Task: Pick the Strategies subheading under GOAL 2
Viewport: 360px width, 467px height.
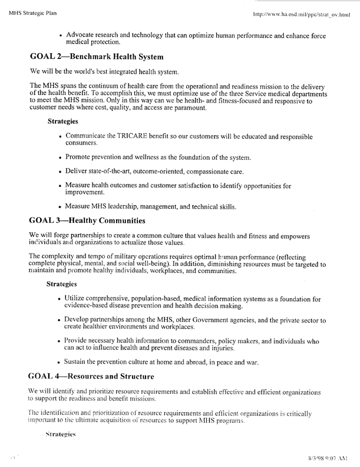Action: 63,122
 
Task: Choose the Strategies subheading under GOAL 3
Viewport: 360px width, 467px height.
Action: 63,285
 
